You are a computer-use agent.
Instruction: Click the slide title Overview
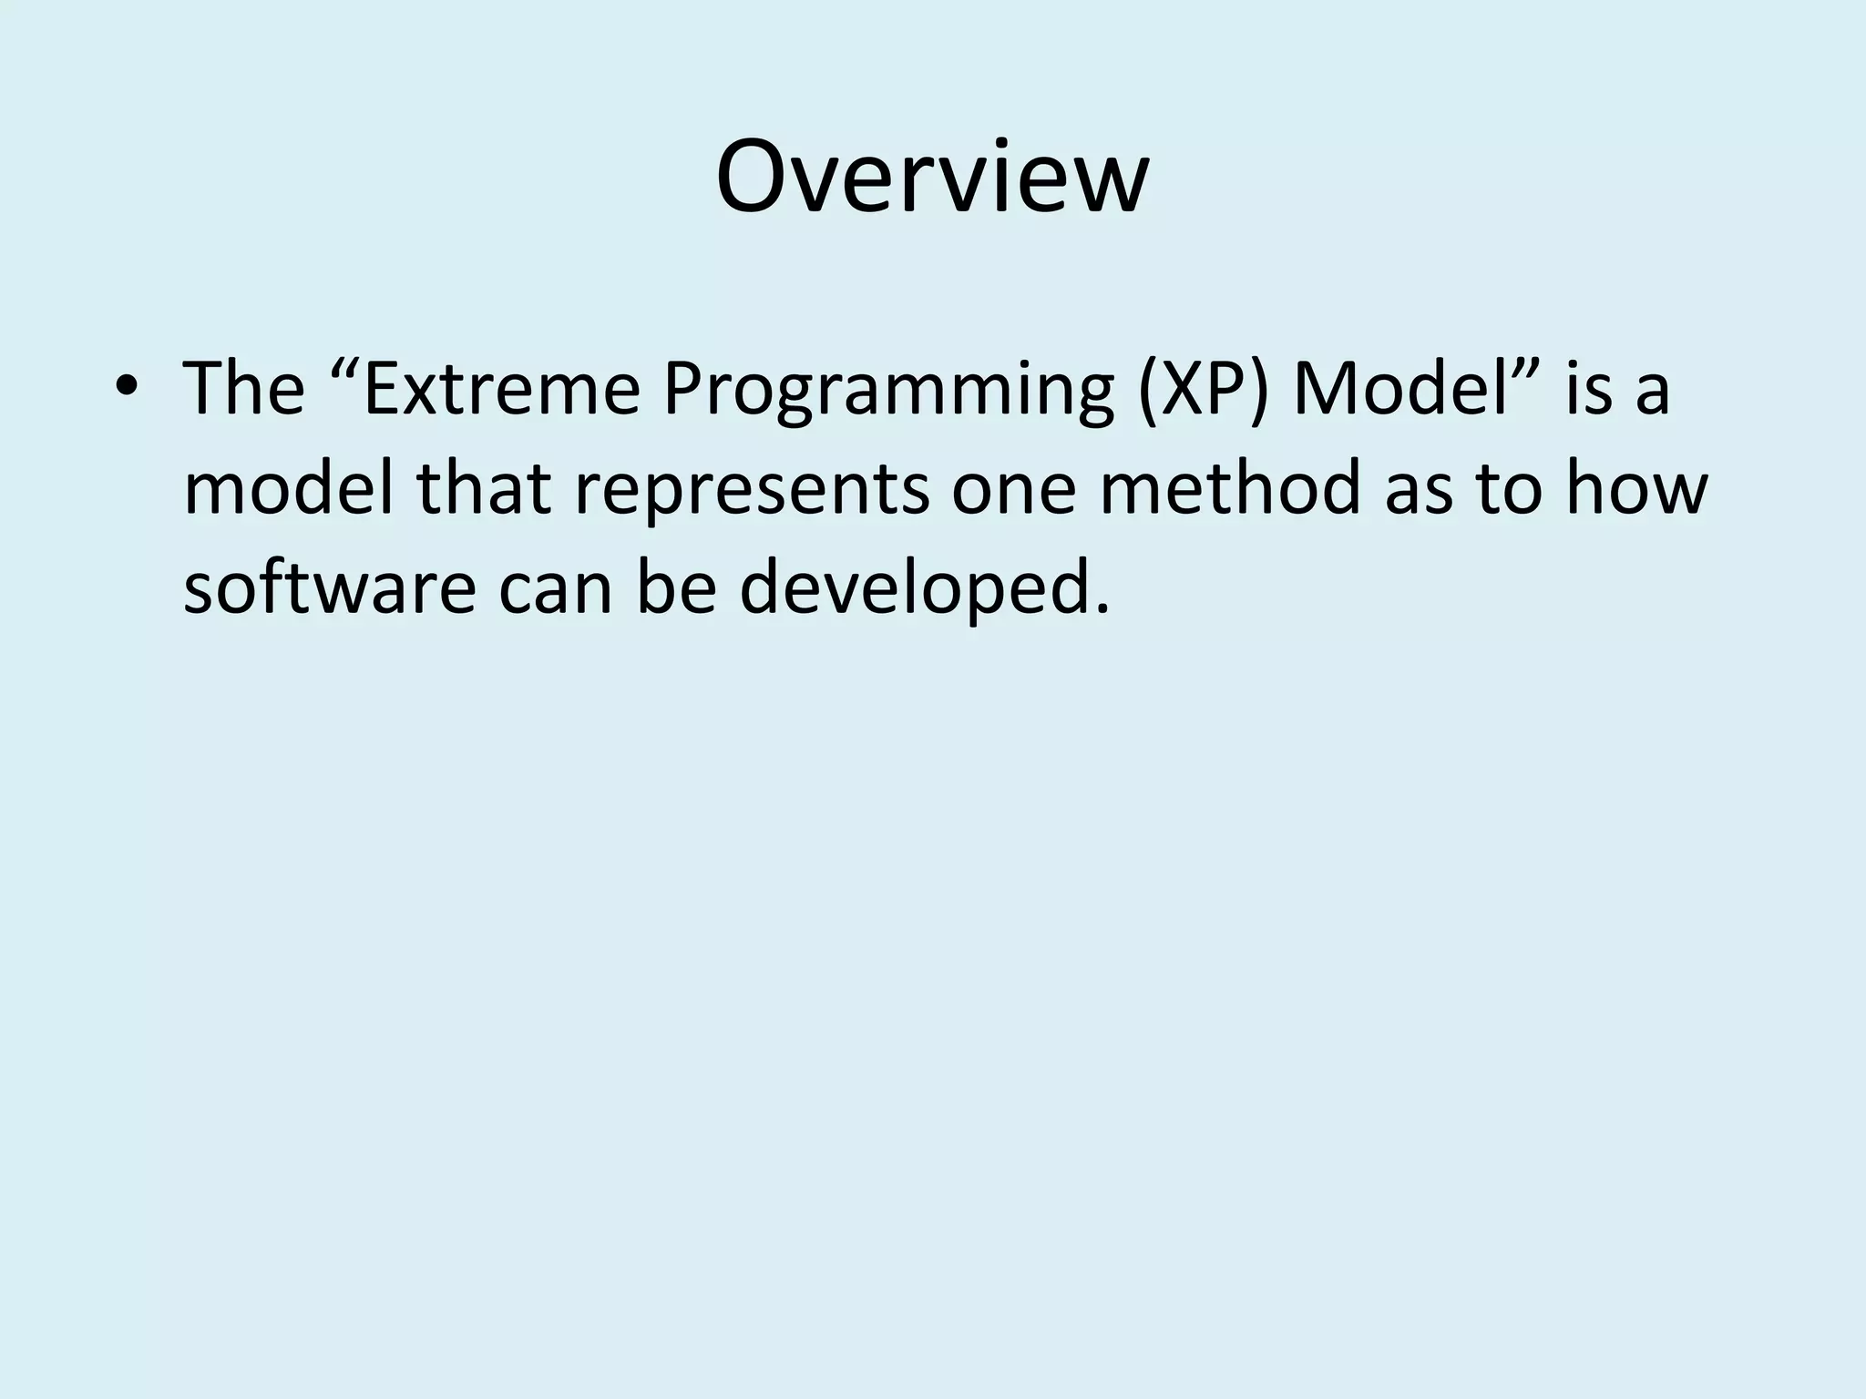tap(932, 178)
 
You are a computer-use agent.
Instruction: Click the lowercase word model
tap(289, 488)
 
